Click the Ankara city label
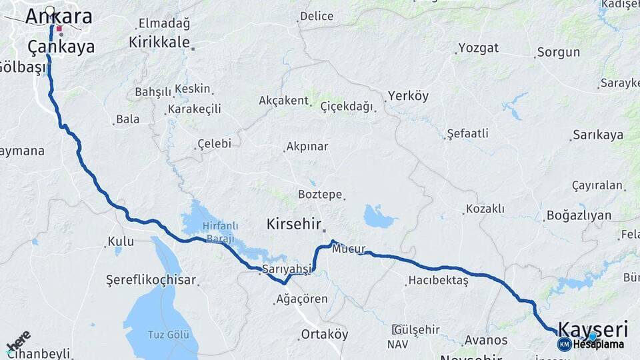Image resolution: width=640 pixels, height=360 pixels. (x=59, y=17)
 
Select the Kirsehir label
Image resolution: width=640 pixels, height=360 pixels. (x=294, y=224)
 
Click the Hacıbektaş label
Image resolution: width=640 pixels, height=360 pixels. (x=439, y=281)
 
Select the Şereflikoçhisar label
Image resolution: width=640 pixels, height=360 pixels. (x=151, y=280)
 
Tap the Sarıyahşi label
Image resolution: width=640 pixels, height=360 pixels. (x=287, y=269)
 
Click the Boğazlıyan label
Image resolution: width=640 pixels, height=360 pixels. (x=578, y=215)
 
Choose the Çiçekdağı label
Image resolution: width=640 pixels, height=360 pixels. (x=347, y=107)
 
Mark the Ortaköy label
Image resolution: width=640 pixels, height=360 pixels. (x=325, y=334)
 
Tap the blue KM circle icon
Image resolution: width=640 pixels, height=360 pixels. (x=564, y=344)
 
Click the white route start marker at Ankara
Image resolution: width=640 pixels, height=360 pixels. (x=51, y=11)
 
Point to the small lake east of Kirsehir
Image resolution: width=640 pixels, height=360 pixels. (x=379, y=217)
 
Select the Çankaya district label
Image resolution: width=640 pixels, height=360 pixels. (x=61, y=47)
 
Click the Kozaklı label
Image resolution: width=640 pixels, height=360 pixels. (x=485, y=209)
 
